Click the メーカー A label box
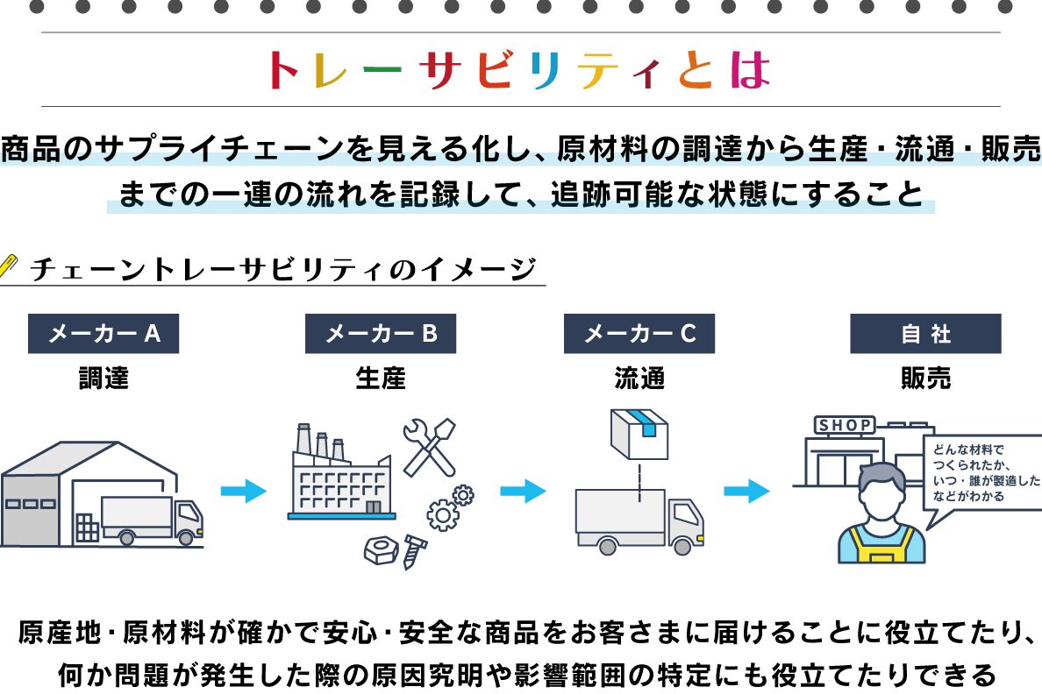point(103,334)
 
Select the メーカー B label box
point(381,334)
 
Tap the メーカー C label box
point(639,334)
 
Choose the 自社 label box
point(925,334)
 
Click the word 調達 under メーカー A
point(103,379)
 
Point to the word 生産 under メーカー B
point(381,379)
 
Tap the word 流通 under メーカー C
point(639,379)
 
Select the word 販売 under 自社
point(925,379)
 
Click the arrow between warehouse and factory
point(243,491)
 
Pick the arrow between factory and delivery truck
point(523,491)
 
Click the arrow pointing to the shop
point(747,491)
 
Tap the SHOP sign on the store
point(846,426)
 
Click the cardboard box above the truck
point(640,434)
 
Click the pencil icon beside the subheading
point(10,264)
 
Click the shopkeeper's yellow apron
point(881,544)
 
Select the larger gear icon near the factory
point(443,514)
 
